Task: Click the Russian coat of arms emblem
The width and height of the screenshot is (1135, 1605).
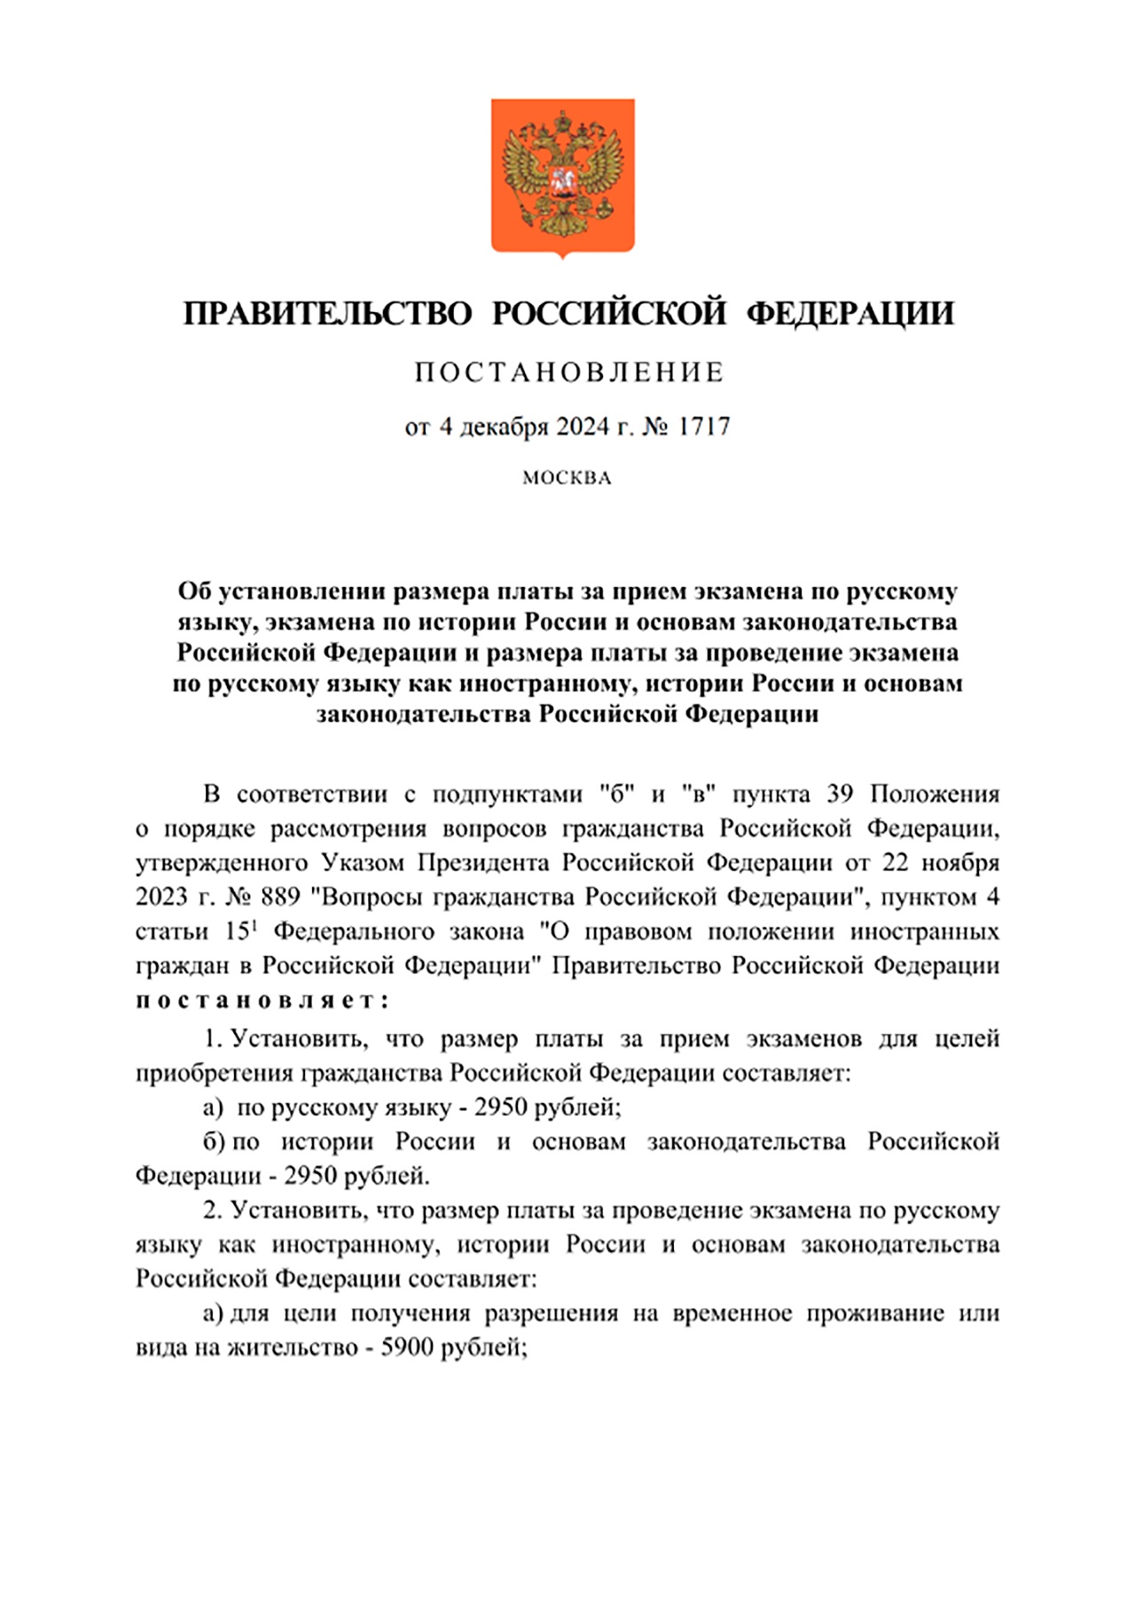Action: pos(563,176)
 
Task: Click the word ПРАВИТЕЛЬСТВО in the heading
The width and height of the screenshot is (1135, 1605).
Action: pos(327,313)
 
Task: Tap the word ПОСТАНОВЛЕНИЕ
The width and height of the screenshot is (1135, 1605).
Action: pos(569,372)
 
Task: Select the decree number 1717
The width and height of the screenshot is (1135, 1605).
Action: pos(704,427)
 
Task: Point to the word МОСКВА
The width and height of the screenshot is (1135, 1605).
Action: pos(567,478)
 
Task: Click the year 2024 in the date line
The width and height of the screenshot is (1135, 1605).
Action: pos(582,427)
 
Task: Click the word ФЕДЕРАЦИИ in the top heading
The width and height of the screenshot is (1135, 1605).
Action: pos(849,313)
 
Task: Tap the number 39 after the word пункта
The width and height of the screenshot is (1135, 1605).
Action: pos(840,794)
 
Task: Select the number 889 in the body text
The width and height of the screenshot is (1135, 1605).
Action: pos(280,896)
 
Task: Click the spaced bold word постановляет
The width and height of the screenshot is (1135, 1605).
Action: pos(262,1000)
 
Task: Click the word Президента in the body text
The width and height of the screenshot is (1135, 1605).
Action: pos(485,863)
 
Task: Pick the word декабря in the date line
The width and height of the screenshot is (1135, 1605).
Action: pos(499,427)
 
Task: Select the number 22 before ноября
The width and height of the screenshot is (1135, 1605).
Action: pos(896,863)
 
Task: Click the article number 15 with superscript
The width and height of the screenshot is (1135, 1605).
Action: pos(240,931)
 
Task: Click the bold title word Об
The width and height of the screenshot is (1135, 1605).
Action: pos(195,591)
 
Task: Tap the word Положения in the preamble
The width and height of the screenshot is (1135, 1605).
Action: pos(935,794)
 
